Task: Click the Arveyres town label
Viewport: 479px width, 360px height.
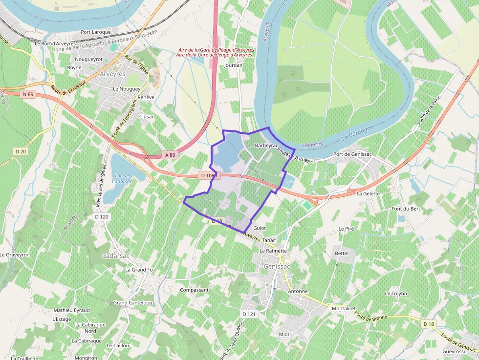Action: pos(112,74)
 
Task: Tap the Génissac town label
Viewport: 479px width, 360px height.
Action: pos(277,266)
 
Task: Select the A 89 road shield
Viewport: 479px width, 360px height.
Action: pos(170,155)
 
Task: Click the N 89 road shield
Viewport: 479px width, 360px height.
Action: pos(28,94)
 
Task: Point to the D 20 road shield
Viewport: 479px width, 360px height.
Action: pos(21,151)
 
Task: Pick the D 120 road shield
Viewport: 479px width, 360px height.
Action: pos(102,216)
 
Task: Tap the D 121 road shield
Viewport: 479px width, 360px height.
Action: pos(249,314)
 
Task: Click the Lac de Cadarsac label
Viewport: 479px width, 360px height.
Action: pos(122,178)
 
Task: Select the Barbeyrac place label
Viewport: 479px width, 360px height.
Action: pos(266,146)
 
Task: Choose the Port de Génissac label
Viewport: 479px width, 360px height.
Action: pos(352,154)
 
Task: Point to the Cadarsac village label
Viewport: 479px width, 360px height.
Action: pos(115,255)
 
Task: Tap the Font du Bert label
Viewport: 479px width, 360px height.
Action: pos(406,209)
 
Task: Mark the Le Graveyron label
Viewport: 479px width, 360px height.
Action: pos(15,255)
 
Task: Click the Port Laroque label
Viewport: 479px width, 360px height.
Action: pos(96,32)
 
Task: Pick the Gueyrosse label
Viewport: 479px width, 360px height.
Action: pos(454,352)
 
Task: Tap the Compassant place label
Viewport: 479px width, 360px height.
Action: pos(194,290)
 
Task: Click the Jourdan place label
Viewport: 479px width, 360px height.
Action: pos(233,65)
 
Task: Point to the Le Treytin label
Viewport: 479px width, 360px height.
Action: pos(396,294)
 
